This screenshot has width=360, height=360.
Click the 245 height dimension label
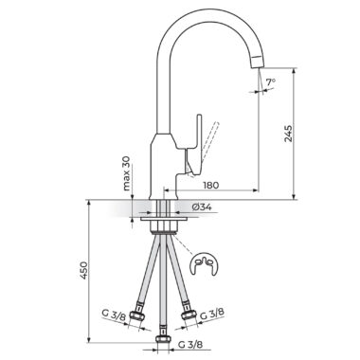tap(289, 134)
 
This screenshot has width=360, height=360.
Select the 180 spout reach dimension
tap(210, 185)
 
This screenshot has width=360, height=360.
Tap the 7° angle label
tap(270, 82)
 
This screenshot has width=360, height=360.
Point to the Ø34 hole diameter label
tap(202, 207)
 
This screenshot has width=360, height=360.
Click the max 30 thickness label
tap(127, 173)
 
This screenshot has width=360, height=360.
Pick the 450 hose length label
tap(83, 270)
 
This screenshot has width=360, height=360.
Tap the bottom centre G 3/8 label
tap(190, 345)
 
